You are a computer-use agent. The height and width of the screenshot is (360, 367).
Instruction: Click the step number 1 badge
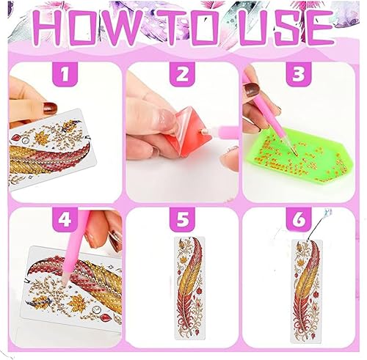click(x=65, y=74)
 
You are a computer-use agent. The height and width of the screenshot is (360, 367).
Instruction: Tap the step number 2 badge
click(x=182, y=74)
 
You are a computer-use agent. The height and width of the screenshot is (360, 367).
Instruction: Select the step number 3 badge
click(x=299, y=74)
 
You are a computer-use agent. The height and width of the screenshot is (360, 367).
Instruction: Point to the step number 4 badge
click(x=65, y=219)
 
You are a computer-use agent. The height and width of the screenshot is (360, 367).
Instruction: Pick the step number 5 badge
click(x=183, y=219)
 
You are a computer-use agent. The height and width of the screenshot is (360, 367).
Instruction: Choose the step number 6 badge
click(x=299, y=219)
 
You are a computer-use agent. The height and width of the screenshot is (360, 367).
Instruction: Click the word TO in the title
click(x=188, y=28)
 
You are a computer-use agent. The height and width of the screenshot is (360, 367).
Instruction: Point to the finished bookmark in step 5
click(x=189, y=288)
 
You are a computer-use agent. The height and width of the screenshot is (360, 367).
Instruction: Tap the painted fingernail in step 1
click(x=50, y=108)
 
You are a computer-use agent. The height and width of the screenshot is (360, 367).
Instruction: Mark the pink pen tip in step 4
click(x=65, y=279)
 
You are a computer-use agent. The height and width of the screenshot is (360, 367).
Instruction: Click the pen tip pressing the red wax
click(x=203, y=131)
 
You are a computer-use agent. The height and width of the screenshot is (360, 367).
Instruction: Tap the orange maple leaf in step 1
click(x=42, y=137)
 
